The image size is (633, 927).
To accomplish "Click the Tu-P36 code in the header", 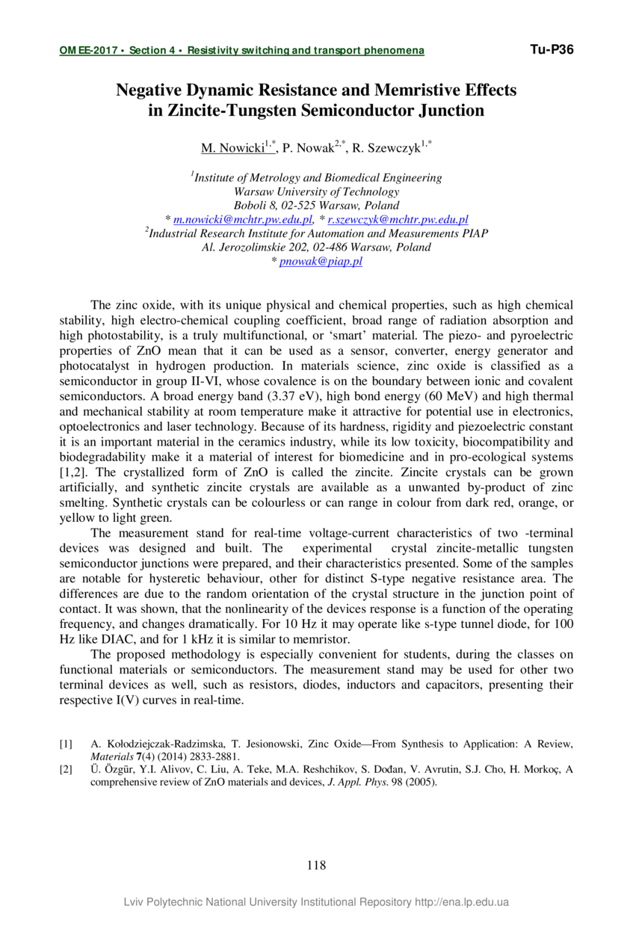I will tap(552, 50).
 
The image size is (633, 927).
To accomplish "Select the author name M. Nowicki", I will tap(232, 148).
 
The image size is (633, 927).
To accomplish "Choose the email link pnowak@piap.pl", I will tap(321, 261).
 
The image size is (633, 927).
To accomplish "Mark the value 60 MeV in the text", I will tap(425, 395).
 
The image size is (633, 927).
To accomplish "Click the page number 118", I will tap(316, 866).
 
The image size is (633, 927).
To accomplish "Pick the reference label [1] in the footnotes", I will tap(66, 744).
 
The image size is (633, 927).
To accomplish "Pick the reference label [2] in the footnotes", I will tap(66, 770).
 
